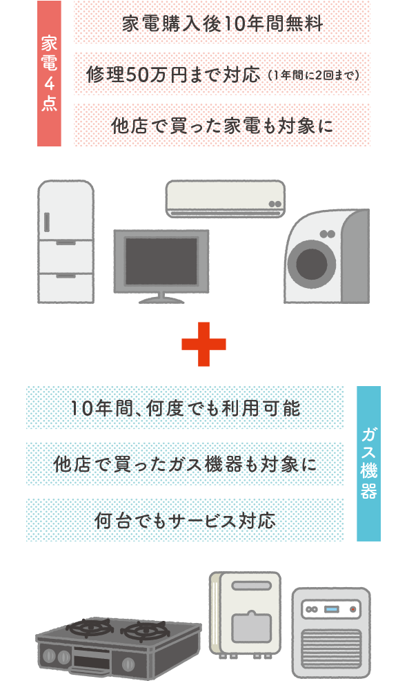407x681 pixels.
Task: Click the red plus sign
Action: pos(203,344)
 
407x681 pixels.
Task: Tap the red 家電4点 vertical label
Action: pos(49,73)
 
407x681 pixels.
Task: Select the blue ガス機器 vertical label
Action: pos(368,463)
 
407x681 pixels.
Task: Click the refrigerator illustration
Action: pos(66,242)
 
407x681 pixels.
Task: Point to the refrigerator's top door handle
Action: pos(47,222)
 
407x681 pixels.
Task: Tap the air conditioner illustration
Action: pos(225,199)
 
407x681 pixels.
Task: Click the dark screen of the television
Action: pos(161,261)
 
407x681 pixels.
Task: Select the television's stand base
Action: pos(161,300)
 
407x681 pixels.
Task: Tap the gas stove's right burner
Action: pos(144,630)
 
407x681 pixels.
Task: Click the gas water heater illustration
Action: pos(245,614)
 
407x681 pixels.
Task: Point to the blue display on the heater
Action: pos(330,609)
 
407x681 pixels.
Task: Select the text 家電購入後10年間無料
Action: pos(222,23)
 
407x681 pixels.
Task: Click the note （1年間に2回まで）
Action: pos(314,75)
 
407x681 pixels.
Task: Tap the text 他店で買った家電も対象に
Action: pos(222,126)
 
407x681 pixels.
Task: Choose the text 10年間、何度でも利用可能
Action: pos(186,407)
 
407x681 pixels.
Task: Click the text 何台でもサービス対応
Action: pos(186,520)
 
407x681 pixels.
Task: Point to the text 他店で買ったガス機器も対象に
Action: pos(186,464)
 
